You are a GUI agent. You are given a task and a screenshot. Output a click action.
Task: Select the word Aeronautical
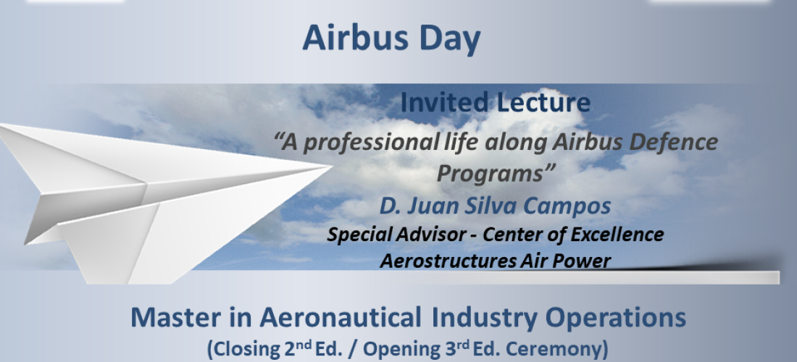(341, 317)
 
